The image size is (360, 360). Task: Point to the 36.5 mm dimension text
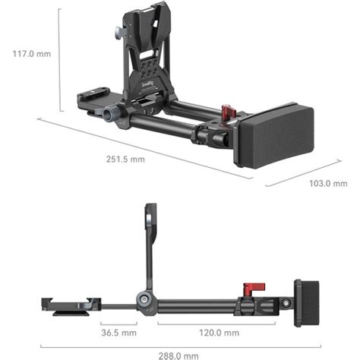click(118, 333)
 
